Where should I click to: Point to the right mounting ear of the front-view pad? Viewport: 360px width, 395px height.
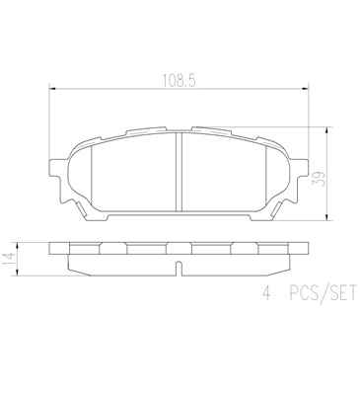(294, 183)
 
